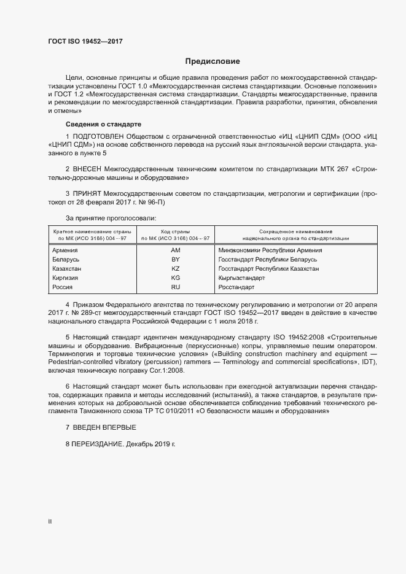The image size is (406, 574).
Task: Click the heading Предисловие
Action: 213,61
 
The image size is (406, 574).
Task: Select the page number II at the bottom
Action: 50,522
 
